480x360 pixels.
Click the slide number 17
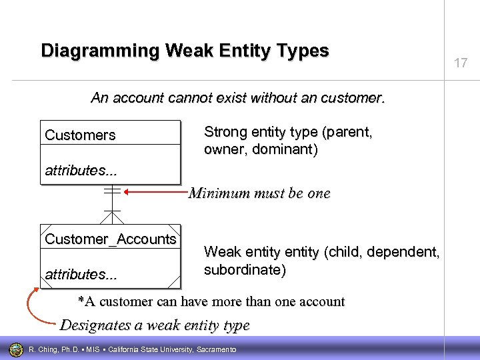coord(461,63)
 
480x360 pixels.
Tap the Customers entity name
coord(80,135)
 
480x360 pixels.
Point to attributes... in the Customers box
coord(80,171)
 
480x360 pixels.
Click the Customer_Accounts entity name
coord(111,239)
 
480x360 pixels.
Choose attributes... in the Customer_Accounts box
coord(80,274)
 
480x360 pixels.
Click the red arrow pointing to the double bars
coord(155,193)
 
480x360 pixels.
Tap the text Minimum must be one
coord(259,193)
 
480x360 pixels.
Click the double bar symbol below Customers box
coord(112,191)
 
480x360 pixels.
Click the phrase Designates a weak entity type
coord(155,325)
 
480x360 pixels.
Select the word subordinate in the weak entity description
coord(244,270)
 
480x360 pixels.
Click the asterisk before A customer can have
coord(81,301)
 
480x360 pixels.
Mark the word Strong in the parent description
coord(225,132)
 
